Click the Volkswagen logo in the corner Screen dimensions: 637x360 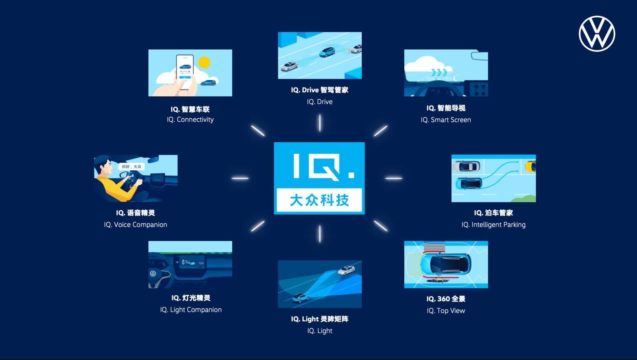tap(597, 34)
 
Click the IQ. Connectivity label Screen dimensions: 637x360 tap(190, 119)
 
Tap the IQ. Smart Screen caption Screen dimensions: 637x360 tap(446, 120)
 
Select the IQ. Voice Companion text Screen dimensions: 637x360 tap(135, 225)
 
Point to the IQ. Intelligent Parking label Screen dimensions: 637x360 tap(494, 225)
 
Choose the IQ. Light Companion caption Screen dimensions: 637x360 tap(190, 310)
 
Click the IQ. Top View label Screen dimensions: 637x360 tap(446, 311)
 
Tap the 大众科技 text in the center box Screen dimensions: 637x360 tap(320, 200)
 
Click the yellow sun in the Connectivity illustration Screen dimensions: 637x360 tap(204, 62)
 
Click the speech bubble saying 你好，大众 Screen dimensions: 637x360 tap(131, 167)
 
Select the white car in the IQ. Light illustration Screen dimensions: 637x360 tap(346, 270)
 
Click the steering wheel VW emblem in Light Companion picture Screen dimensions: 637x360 tap(153, 274)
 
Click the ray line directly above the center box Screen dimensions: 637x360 tap(320, 123)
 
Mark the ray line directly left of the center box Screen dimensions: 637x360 tap(240, 178)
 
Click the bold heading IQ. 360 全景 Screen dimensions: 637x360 tap(446, 299)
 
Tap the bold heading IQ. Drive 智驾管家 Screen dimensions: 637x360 tap(320, 90)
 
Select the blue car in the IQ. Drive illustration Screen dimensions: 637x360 tap(327, 52)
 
